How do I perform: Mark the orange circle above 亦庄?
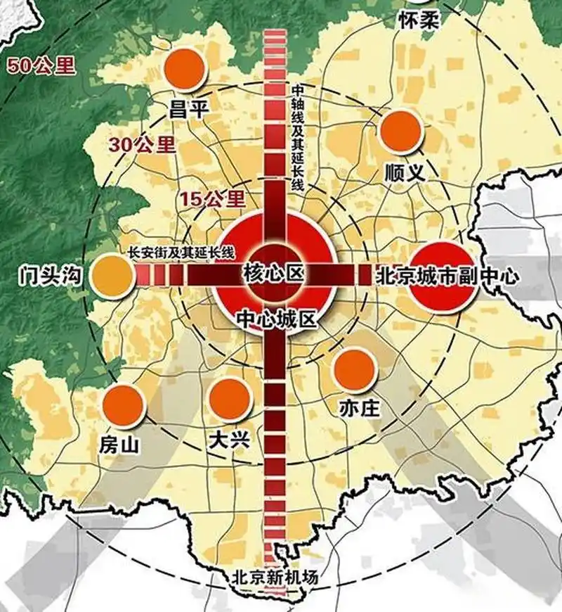[x=353, y=370]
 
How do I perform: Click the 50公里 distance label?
[x=39, y=67]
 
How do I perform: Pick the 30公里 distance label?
[x=141, y=145]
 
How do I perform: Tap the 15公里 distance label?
[x=211, y=198]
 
